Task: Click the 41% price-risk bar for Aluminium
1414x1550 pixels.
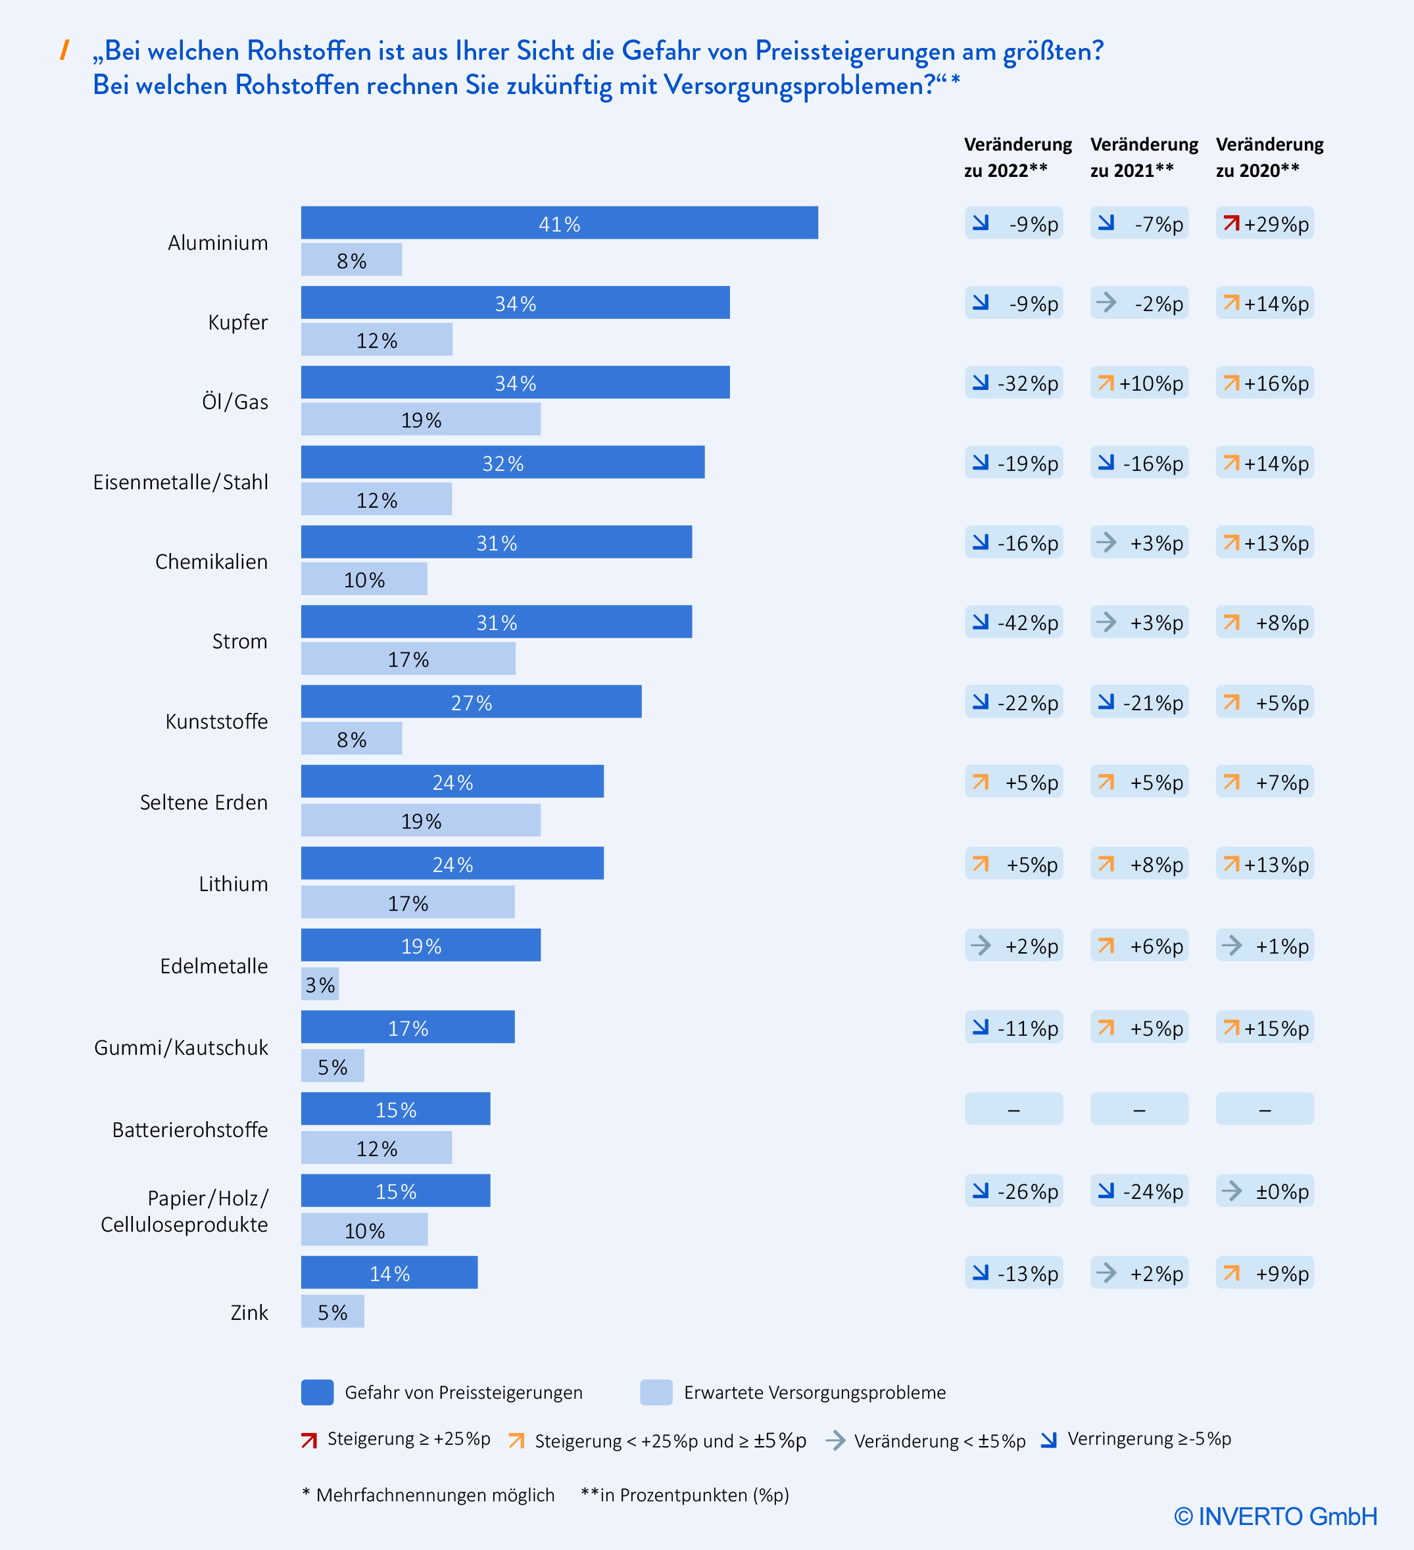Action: (559, 223)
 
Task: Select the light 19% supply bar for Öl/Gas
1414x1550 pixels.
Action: (421, 420)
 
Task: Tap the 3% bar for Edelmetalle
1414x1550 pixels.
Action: (320, 984)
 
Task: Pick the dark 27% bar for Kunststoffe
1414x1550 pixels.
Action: (470, 702)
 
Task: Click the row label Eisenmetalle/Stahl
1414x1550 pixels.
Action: (181, 482)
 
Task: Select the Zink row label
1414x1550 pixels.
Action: (249, 1313)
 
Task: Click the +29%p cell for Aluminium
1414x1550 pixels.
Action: (1264, 224)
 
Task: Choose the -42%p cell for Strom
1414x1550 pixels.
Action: (1013, 622)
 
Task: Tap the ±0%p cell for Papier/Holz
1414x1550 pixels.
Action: (1264, 1191)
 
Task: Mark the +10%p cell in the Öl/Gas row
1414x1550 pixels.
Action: (1138, 383)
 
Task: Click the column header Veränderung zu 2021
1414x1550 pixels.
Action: (1143, 157)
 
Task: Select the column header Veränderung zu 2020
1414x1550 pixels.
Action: (1269, 157)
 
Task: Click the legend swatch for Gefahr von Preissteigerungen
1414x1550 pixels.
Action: (317, 1392)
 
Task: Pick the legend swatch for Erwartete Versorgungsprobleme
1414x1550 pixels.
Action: (656, 1392)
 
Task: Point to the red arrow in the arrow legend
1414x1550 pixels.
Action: (309, 1440)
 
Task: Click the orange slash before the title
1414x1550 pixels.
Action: (64, 50)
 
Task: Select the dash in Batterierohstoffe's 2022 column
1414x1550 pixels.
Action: (1013, 1109)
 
